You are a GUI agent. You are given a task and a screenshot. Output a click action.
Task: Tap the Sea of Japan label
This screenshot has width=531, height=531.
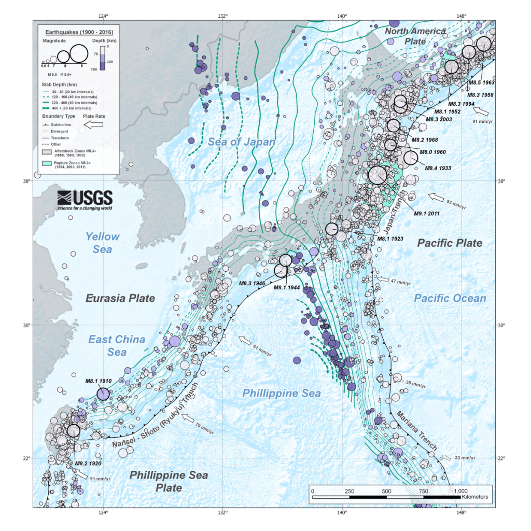point(242,142)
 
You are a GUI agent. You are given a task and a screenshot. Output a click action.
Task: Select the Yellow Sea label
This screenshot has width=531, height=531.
point(102,243)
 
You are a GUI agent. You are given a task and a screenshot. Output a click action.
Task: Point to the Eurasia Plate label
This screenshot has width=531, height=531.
point(120,298)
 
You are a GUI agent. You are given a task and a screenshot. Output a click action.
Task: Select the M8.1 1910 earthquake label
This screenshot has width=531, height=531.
point(99,381)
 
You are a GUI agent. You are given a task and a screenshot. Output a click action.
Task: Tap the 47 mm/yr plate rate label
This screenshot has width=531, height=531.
point(400,283)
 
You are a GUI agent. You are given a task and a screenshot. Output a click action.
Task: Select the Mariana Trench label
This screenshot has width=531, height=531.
point(417,431)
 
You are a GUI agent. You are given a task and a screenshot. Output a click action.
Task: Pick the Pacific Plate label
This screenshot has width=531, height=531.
point(450,243)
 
